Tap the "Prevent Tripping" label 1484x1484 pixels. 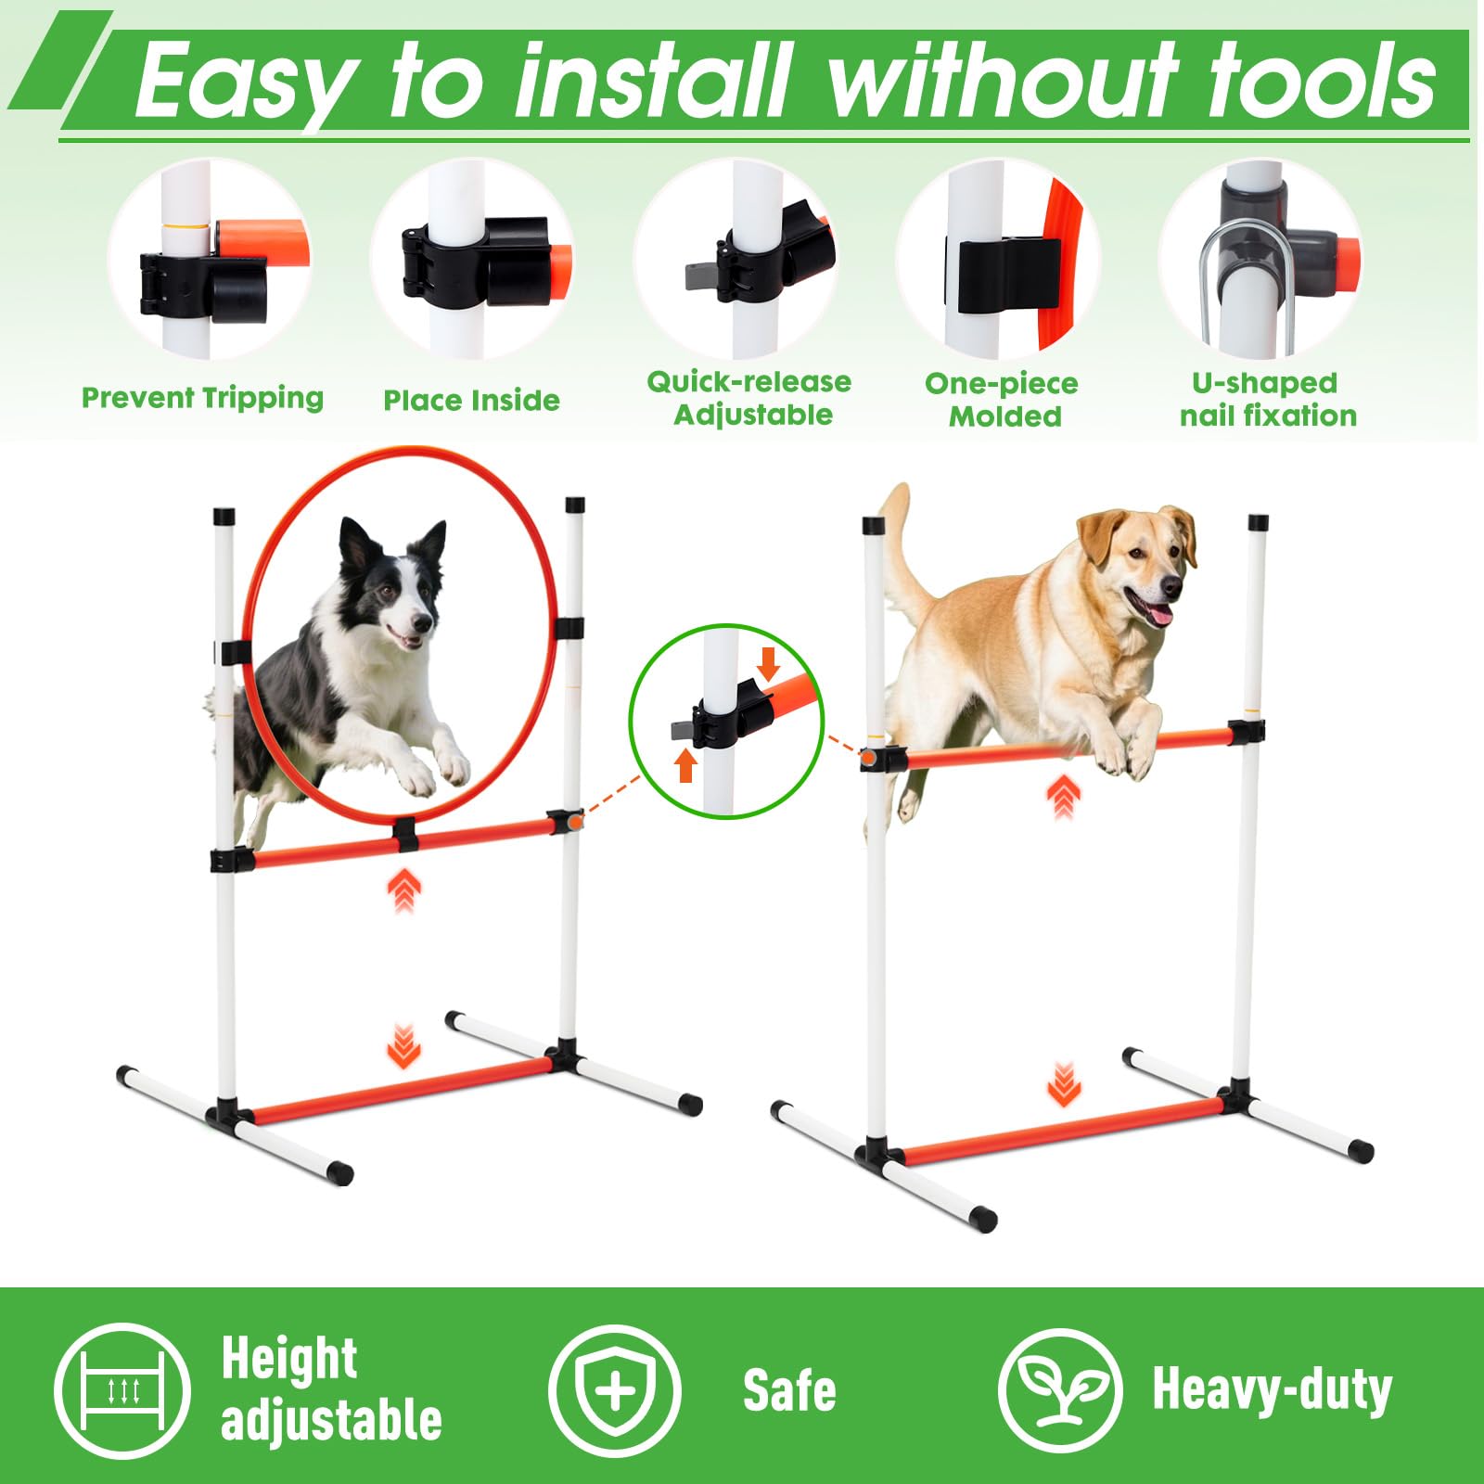(x=202, y=399)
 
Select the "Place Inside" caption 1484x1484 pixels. (x=471, y=401)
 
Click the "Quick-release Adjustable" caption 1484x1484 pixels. (x=749, y=398)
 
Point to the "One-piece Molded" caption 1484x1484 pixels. (x=1003, y=399)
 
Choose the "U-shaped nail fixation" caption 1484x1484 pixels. (x=1267, y=399)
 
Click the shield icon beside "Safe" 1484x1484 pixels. (x=614, y=1391)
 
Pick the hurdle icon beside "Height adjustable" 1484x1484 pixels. (x=122, y=1390)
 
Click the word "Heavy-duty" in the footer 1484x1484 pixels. (x=1272, y=1389)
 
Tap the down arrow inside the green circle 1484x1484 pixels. (x=768, y=663)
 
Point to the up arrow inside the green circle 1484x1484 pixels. (x=685, y=765)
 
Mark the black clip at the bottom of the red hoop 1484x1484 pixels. (x=404, y=834)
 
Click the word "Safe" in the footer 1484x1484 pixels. (x=789, y=1391)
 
